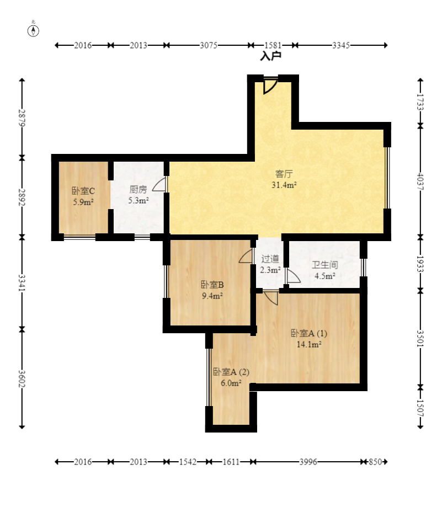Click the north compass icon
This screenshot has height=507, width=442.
33,31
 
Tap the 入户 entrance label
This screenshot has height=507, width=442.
270,56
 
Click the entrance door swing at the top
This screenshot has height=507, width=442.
270,86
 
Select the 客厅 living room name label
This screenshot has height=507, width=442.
284,174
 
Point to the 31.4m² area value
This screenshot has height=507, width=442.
284,185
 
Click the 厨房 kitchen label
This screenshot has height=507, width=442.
138,189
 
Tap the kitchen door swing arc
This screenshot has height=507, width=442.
159,184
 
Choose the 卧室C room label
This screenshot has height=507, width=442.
83,191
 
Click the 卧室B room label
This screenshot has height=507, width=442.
212,285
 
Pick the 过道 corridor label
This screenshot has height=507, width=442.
270,259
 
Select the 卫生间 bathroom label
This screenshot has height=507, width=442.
324,265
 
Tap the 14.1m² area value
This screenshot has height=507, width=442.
309,344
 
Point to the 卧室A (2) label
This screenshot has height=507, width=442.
231,372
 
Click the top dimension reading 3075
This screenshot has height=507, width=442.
209,45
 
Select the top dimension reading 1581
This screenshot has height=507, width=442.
273,45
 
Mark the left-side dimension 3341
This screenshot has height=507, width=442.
22,283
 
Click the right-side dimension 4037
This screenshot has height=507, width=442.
420,182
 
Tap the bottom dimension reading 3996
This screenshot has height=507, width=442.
308,462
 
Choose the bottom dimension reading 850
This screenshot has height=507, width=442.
375,462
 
